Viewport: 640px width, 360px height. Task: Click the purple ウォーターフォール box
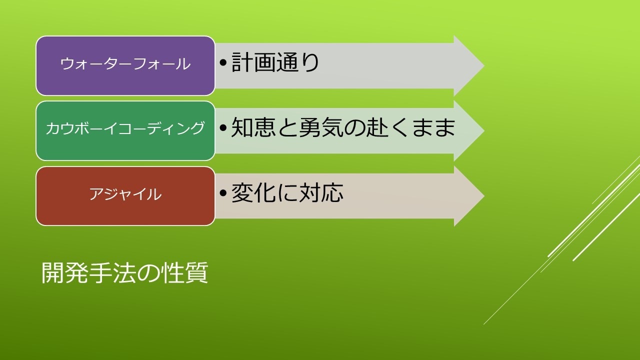pos(125,65)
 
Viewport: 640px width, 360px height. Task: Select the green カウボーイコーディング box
pos(125,131)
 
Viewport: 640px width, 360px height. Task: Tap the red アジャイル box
pos(125,196)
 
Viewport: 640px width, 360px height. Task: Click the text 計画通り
pos(275,62)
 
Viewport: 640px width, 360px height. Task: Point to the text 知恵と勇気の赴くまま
pos(343,127)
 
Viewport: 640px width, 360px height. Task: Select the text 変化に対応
pos(287,192)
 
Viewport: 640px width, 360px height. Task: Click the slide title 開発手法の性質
pos(124,272)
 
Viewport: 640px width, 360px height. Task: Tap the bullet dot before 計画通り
pos(223,62)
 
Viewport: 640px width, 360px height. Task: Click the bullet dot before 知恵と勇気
pos(223,127)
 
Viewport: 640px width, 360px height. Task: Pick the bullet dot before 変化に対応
pos(223,192)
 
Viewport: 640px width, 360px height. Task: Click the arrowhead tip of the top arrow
pos(484,65)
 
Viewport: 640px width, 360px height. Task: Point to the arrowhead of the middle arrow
pos(469,131)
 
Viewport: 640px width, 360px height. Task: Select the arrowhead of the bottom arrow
pos(469,196)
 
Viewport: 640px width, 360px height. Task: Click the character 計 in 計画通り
pos(242,62)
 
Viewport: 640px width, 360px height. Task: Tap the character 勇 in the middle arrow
pos(309,127)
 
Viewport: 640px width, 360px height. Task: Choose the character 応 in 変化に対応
pos(332,192)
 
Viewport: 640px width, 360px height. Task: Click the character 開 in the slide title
pos(53,272)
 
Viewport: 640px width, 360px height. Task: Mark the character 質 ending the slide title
pos(196,272)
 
